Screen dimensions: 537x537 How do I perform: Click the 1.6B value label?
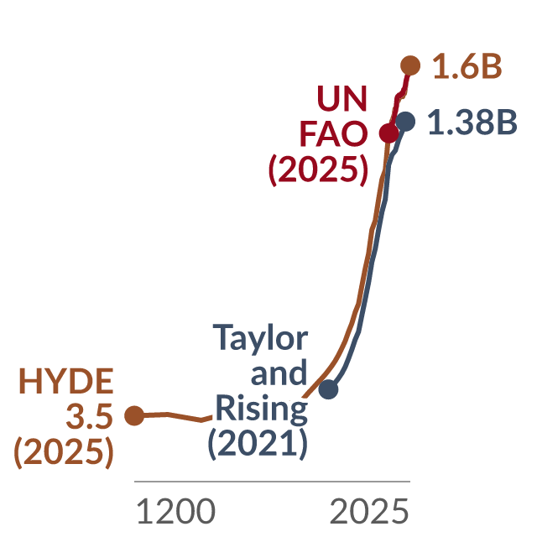(467, 66)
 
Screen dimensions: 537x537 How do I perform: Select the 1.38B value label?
(472, 123)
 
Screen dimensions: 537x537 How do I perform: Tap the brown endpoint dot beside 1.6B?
(410, 65)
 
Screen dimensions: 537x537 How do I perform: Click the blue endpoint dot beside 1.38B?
(405, 121)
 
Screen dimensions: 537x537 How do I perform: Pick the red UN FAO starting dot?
(389, 133)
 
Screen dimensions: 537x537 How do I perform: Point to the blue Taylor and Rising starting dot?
(328, 389)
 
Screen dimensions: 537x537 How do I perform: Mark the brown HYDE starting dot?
(134, 416)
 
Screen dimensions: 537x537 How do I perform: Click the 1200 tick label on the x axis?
(176, 511)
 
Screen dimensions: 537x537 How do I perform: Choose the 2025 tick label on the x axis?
(369, 511)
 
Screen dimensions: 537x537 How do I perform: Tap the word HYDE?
(66, 381)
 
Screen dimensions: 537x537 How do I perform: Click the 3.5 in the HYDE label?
(90, 416)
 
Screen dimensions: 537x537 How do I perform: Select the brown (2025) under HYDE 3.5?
(64, 451)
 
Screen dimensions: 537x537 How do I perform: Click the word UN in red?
(342, 98)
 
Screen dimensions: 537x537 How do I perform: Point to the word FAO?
(334, 133)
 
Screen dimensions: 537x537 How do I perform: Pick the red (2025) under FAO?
(318, 169)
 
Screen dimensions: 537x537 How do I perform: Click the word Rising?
(262, 409)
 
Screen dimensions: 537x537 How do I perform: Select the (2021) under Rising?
(258, 444)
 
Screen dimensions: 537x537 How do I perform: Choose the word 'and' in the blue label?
(279, 373)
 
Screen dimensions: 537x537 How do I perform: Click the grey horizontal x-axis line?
(272, 481)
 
